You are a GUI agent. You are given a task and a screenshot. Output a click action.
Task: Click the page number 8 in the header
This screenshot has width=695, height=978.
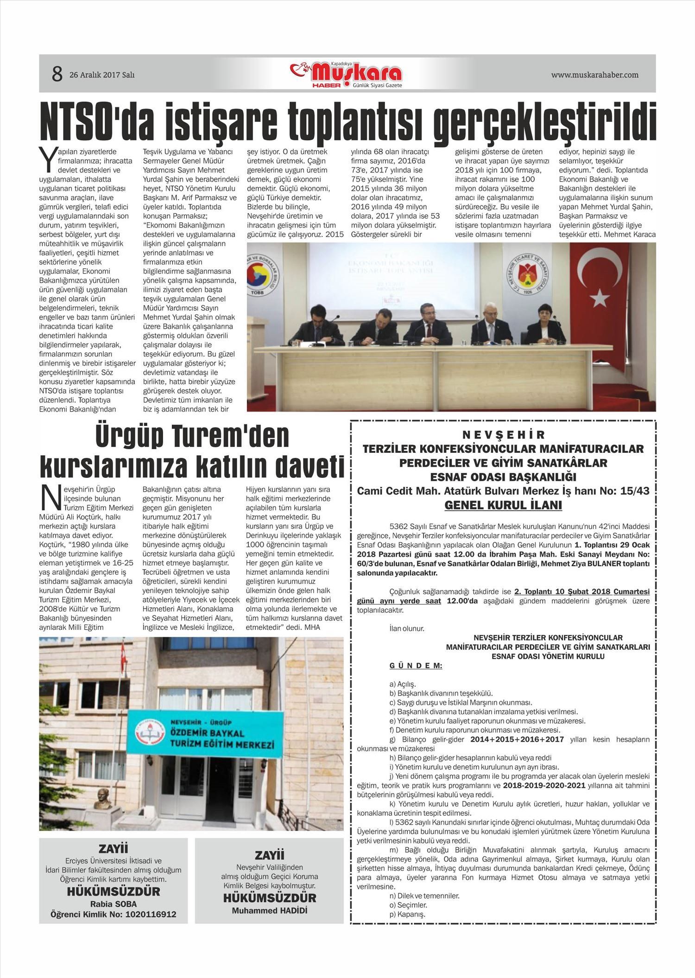pyautogui.click(x=57, y=74)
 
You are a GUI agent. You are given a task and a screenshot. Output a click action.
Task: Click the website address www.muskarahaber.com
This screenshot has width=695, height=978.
pyautogui.click(x=594, y=75)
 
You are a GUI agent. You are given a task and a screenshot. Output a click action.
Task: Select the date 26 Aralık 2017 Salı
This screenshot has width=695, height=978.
pyautogui.click(x=102, y=75)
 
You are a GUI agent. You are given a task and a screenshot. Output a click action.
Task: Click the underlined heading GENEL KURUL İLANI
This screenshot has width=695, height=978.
pyautogui.click(x=503, y=505)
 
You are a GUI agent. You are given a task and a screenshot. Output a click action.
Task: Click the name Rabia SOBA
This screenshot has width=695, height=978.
pyautogui.click(x=114, y=904)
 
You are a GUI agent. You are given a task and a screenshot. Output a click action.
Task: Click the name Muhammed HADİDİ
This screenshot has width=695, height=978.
pyautogui.click(x=270, y=910)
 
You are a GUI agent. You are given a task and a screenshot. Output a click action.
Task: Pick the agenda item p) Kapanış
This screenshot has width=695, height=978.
pyautogui.click(x=408, y=914)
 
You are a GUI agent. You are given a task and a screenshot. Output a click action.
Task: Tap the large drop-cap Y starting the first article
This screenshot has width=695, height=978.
pyautogui.click(x=48, y=159)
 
